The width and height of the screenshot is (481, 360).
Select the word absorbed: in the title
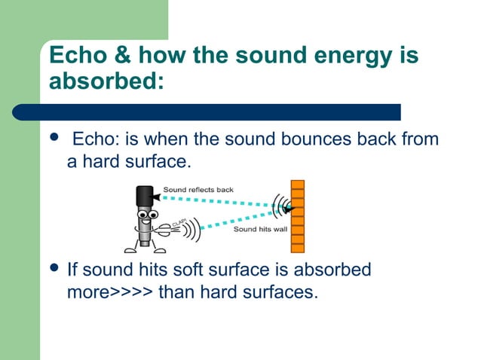(x=106, y=81)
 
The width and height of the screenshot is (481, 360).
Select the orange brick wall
(x=297, y=216)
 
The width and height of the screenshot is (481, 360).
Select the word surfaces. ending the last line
(x=283, y=291)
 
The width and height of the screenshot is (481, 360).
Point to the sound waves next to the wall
(x=280, y=206)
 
